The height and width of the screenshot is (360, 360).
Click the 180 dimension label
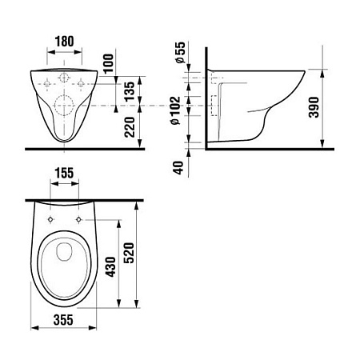pos(64,42)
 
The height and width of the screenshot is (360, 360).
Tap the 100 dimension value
pos(108,64)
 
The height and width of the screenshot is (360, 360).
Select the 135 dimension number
pos(130,91)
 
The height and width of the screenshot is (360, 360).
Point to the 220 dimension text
pos(130,127)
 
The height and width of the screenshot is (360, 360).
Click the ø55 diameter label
pos(180,52)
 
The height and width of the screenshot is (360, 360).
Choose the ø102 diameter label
pos(175,110)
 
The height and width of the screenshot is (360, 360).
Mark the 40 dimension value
pos(178,168)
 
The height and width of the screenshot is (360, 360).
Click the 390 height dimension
pos(314,107)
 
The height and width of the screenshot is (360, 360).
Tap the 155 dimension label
pos(64,173)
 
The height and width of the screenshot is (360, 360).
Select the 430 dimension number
pos(110,266)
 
